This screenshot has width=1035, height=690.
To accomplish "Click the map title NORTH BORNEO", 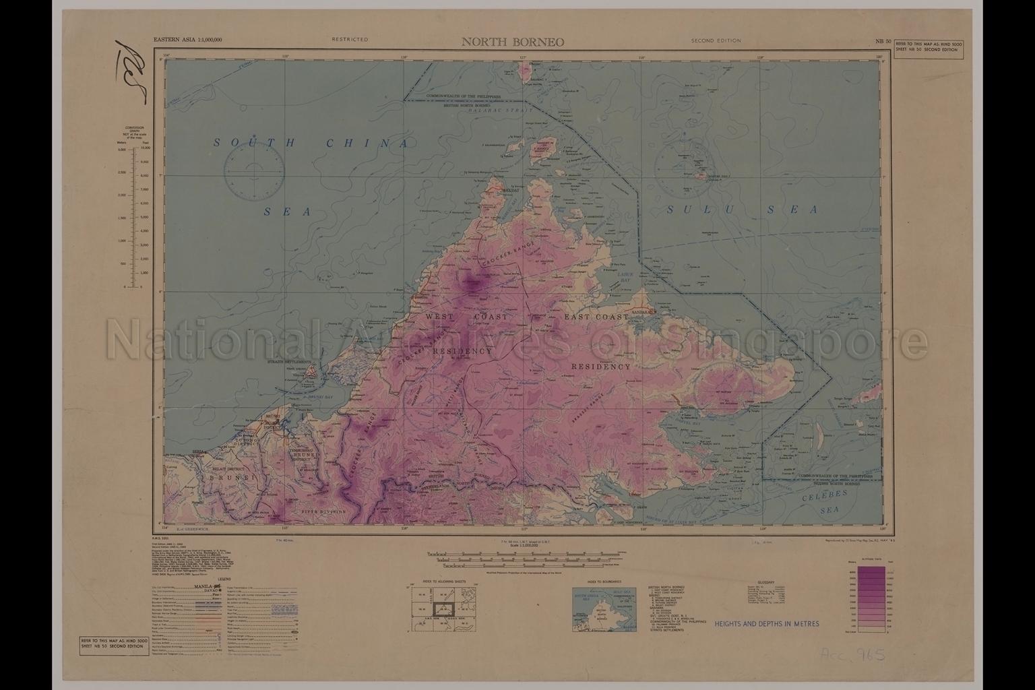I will pos(513,42).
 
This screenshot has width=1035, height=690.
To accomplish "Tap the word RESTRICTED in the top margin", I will pos(350,40).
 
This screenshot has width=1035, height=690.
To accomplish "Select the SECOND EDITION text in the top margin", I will pos(716,40).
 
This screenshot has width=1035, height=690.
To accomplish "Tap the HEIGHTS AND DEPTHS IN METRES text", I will pos(767,624).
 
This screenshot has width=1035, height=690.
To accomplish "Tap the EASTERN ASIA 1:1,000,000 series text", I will pos(187,40).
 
